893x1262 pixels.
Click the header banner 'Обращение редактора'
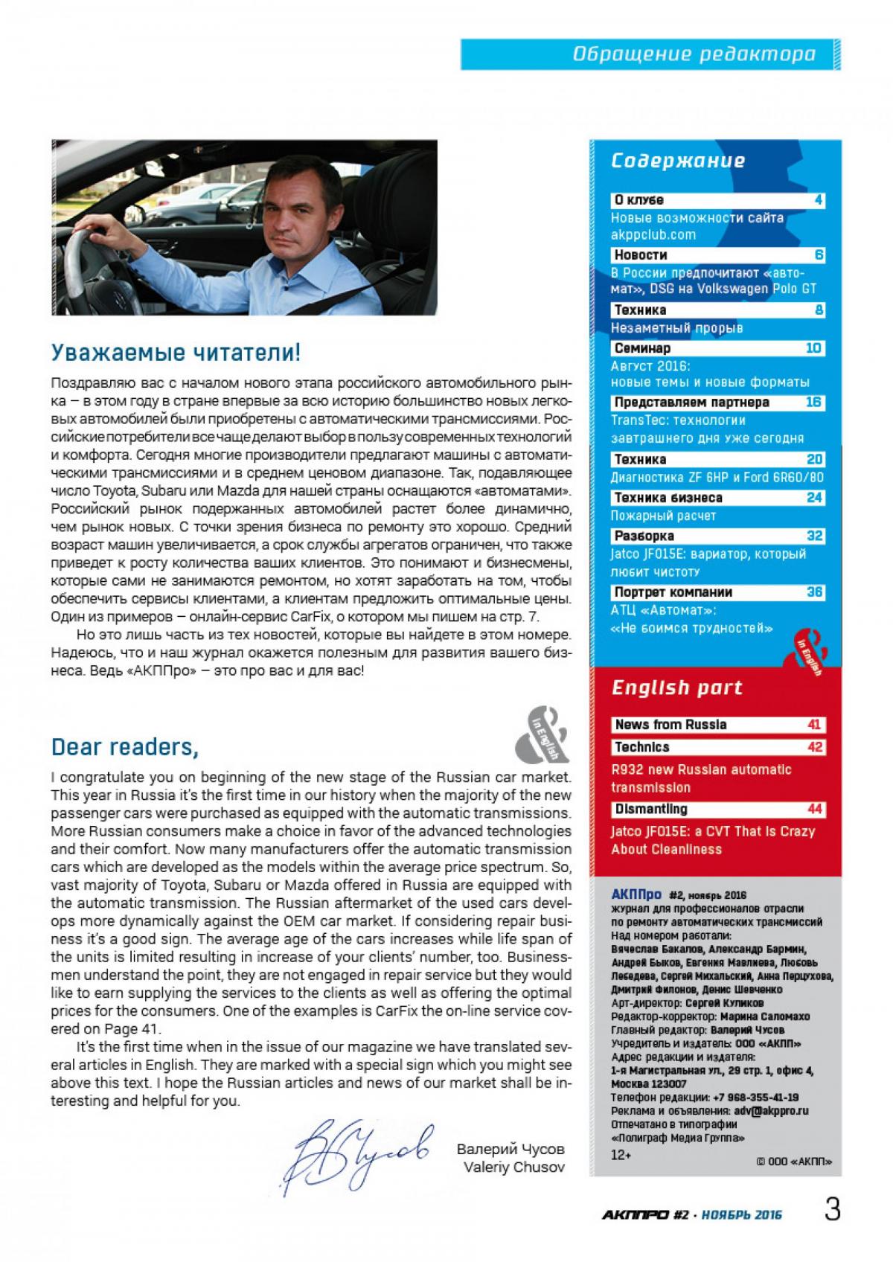tap(694, 54)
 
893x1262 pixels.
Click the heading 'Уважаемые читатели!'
tap(176, 352)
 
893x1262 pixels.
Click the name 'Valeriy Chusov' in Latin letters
tap(513, 1167)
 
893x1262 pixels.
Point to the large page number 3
tap(832, 1210)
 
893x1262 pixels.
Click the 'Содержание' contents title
tap(678, 161)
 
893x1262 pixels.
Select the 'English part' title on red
tap(677, 688)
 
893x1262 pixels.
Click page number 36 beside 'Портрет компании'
tap(815, 592)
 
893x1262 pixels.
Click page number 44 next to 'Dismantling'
tap(815, 809)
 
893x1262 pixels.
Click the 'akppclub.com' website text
tap(653, 235)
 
